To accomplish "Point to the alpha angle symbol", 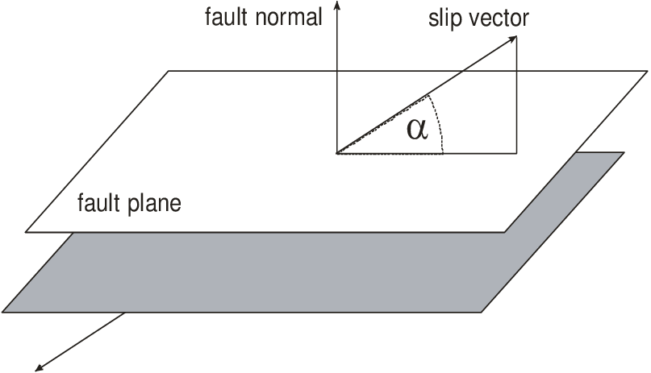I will coord(416,129).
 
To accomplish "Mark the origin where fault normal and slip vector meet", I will coord(336,152).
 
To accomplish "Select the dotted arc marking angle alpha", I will coord(440,121).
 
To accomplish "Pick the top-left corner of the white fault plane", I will coord(169,71).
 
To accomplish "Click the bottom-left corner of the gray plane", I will coord(3,312).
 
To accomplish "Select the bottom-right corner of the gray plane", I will coord(482,312).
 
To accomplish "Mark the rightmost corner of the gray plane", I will coord(624,152).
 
